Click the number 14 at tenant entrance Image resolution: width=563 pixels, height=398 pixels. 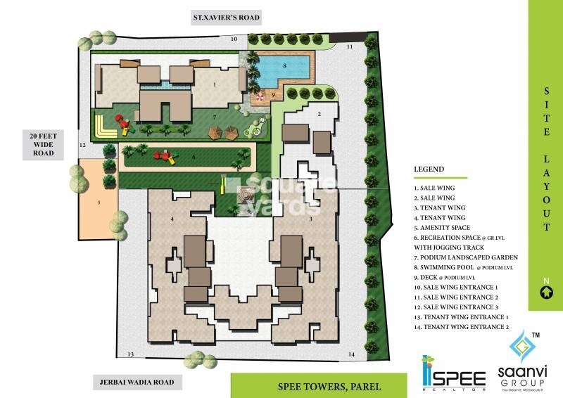pos(350,354)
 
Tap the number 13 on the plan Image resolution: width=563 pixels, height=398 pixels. pos(129,354)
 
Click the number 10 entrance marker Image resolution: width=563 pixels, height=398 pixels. pos(233,39)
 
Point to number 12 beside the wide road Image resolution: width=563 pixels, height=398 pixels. pos(82,145)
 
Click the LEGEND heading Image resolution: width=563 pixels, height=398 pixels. pos(429,169)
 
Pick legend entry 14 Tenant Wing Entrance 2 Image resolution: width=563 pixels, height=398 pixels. pos(460,327)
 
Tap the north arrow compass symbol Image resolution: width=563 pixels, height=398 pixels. pos(545,293)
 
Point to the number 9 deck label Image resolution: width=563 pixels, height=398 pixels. pos(274,94)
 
